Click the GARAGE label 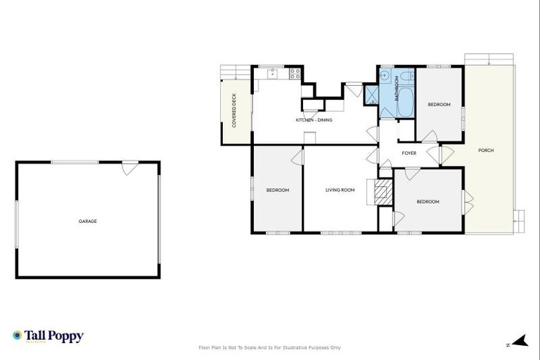coord(88,221)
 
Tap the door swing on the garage coord(130,168)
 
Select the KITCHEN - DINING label coord(314,120)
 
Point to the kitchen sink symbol coord(270,72)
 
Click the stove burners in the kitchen coord(296,72)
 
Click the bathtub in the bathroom coord(406,94)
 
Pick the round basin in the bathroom coord(385,76)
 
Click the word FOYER coord(409,153)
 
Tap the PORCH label coord(485,150)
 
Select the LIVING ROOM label coord(340,190)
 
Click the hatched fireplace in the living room coord(382,192)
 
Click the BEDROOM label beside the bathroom coord(439,105)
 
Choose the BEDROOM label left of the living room coord(277,190)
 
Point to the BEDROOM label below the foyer coord(427,202)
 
